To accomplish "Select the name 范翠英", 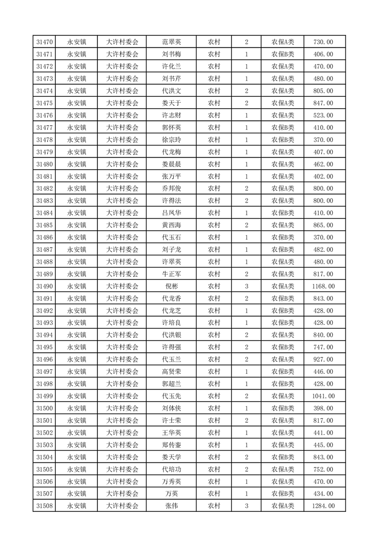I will point(171,42).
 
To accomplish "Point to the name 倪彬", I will point(171,286).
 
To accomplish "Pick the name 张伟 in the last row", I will point(171,506).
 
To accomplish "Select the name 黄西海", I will point(171,225).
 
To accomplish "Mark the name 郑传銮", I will point(171,445).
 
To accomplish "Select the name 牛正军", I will point(171,274).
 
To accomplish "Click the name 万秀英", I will point(171,481).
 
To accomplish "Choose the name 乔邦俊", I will point(171,188).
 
